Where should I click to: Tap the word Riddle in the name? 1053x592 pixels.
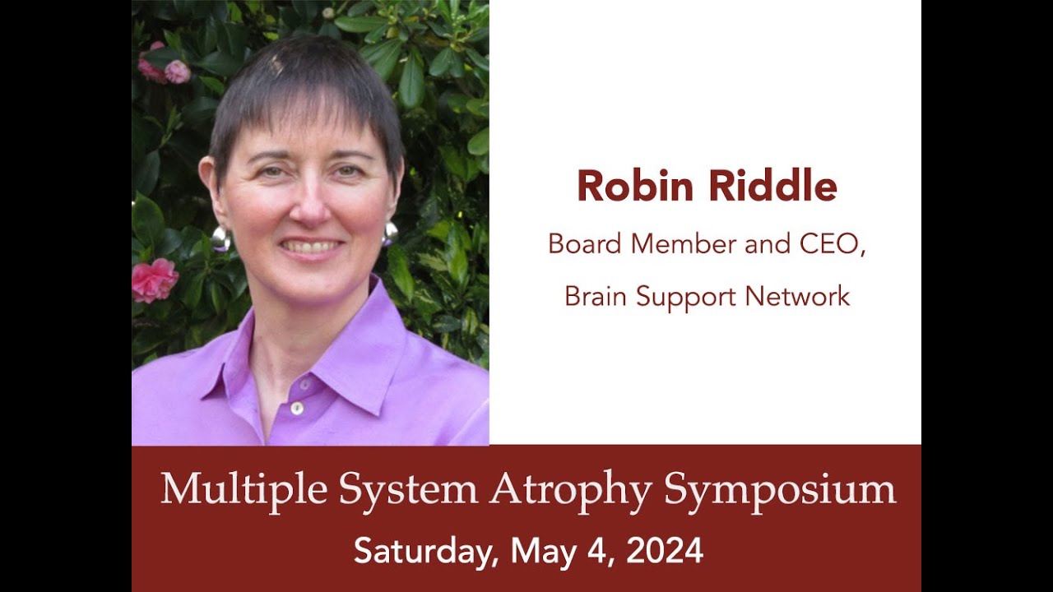coord(773,186)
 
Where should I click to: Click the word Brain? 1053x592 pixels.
coord(595,297)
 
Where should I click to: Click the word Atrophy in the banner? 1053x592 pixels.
coord(571,490)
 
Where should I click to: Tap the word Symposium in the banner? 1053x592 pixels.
coord(780,490)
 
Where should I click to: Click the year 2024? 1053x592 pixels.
coord(665,550)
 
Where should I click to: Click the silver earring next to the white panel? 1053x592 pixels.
coord(389,234)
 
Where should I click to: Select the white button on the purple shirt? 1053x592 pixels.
coord(297,408)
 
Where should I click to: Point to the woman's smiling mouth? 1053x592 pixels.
coord(311,247)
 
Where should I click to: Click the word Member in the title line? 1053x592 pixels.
coord(675,245)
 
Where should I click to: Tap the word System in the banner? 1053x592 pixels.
coord(408,490)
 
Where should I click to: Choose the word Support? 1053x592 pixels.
coord(689,297)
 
